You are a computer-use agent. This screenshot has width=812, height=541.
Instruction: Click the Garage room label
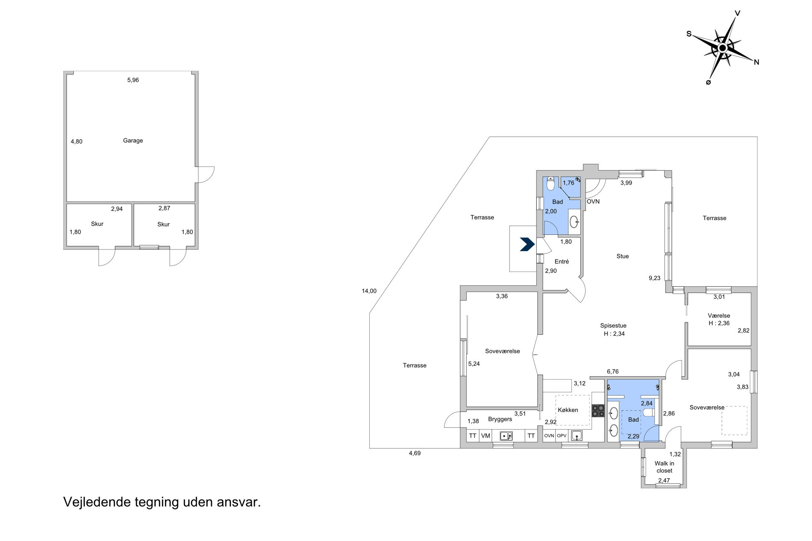133,140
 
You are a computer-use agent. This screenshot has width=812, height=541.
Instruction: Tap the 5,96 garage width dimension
133,80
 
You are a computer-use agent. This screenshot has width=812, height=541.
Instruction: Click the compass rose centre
722,48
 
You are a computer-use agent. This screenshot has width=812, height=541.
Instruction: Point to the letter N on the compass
756,62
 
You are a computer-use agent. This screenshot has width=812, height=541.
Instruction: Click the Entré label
562,261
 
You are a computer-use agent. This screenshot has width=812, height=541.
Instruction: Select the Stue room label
623,256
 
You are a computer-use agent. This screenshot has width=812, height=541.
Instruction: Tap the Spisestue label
613,325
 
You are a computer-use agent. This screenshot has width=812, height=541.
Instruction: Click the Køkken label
568,410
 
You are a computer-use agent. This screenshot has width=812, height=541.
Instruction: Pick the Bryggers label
500,419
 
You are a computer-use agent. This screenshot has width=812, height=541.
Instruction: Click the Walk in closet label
664,467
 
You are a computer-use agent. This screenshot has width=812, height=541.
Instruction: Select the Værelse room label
719,316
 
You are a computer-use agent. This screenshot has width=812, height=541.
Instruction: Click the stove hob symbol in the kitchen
598,410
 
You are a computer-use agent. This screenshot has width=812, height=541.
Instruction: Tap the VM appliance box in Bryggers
485,436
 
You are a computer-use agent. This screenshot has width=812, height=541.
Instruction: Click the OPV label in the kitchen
562,436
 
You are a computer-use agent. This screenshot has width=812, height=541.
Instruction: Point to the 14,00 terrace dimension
369,291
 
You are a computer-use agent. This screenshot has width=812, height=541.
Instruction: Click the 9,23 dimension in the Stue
654,278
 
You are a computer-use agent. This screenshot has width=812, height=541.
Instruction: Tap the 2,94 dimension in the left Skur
117,209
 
